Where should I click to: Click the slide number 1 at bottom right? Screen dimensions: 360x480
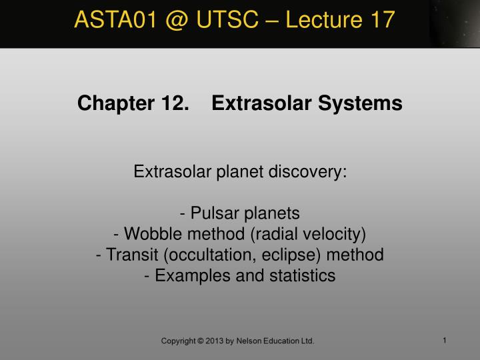click(x=445, y=341)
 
